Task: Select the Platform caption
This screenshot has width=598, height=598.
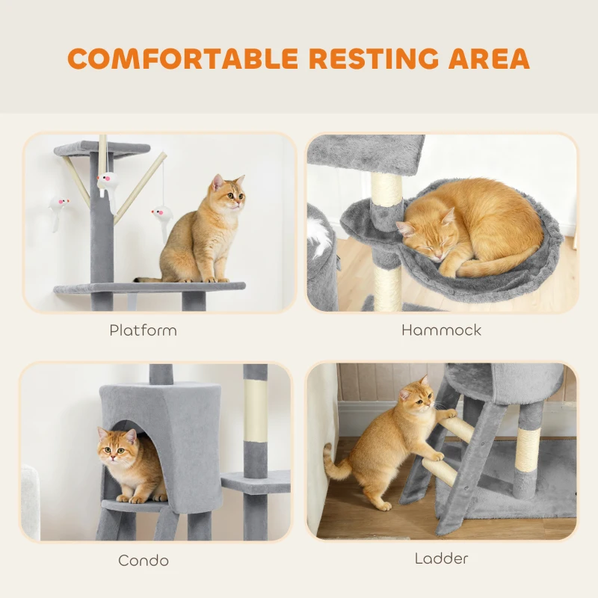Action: pos(143,330)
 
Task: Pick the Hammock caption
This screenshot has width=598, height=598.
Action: pos(441,330)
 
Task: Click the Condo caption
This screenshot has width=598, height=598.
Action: pos(144,560)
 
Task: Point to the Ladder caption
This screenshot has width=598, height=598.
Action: pos(441,558)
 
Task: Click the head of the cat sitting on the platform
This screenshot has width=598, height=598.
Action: pos(227,194)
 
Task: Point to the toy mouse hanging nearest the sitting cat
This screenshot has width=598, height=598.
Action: pos(160,216)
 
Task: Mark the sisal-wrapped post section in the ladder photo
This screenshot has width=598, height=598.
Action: pos(528,449)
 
